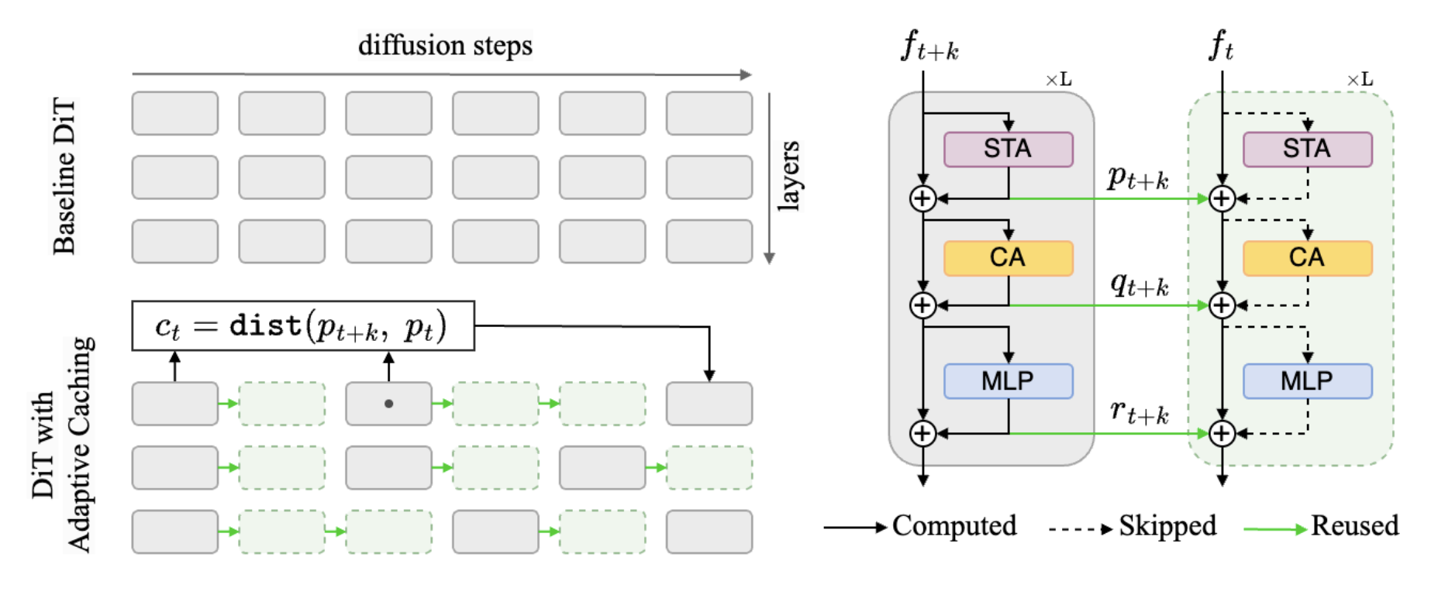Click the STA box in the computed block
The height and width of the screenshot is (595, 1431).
pos(1008,149)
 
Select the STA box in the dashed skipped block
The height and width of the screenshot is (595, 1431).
pos(1307,149)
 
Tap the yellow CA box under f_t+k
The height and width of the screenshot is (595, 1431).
pos(1008,258)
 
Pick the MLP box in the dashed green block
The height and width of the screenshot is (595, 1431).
pos(1307,381)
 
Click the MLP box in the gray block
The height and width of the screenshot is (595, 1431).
pos(1008,381)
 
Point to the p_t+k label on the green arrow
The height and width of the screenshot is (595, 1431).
pos(1137,178)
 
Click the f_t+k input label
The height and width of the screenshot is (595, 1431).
pos(929,46)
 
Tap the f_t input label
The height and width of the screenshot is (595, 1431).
pos(1221,46)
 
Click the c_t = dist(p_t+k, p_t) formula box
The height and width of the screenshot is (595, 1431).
pos(302,326)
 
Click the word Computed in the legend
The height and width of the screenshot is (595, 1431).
pos(954,526)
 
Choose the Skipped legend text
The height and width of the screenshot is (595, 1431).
pos(1167,526)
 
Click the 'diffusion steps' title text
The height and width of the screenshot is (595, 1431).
pos(445,46)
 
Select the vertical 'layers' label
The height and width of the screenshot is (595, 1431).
pos(788,175)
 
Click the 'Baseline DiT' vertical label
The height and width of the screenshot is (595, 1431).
pos(64,177)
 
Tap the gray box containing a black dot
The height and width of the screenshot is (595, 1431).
pos(388,404)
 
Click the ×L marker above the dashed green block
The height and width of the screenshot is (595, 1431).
pos(1360,80)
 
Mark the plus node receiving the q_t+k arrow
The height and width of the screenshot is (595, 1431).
pos(1222,305)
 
